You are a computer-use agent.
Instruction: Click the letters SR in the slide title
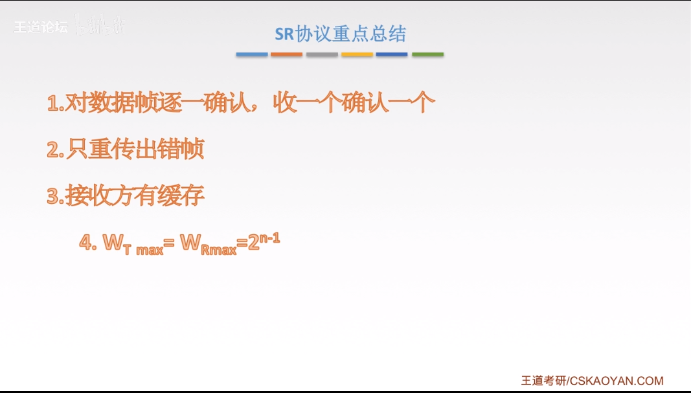pos(284,34)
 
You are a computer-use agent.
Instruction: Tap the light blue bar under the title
pos(252,54)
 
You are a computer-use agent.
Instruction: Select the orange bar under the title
pos(287,54)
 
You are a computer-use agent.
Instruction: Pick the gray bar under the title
pos(322,54)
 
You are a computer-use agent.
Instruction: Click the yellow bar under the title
pos(357,54)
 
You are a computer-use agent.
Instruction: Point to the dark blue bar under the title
pos(392,54)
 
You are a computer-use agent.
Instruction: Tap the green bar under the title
pos(427,54)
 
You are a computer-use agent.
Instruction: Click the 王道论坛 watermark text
pos(40,28)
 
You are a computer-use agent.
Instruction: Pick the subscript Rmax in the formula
pos(218,250)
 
